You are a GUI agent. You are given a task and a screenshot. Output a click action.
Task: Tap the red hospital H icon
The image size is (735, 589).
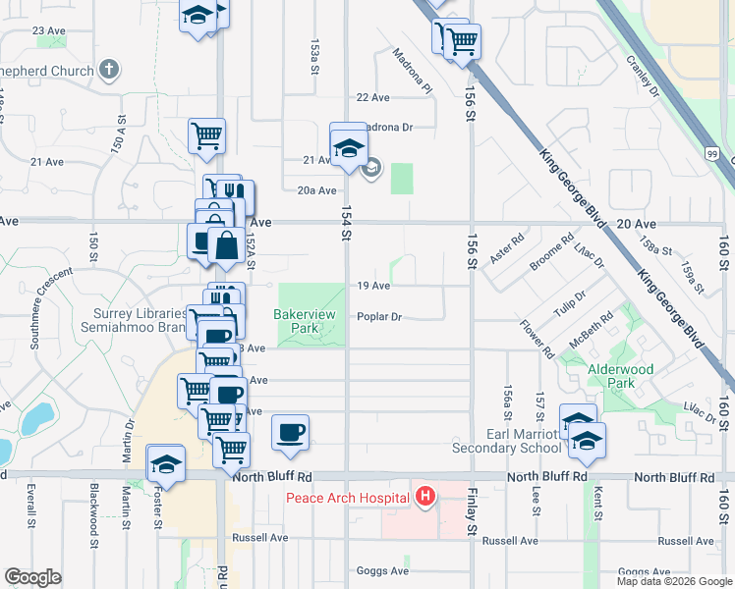tap(424, 498)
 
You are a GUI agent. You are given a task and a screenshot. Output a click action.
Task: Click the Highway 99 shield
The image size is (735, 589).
tap(711, 153)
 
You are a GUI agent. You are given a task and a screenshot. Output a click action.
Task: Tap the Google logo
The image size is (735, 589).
tap(33, 576)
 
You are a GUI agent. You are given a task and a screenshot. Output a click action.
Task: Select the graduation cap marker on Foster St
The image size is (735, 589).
tap(166, 463)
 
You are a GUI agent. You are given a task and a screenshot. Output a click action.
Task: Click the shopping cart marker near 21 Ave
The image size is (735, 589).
tap(206, 135)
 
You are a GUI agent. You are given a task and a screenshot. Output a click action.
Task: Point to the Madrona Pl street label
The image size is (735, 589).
tap(412, 71)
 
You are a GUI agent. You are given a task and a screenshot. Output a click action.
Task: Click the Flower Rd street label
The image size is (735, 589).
tap(537, 337)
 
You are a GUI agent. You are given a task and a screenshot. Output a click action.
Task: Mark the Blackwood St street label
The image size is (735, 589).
tap(94, 508)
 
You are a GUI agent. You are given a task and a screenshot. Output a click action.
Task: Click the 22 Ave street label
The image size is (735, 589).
tap(373, 97)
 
